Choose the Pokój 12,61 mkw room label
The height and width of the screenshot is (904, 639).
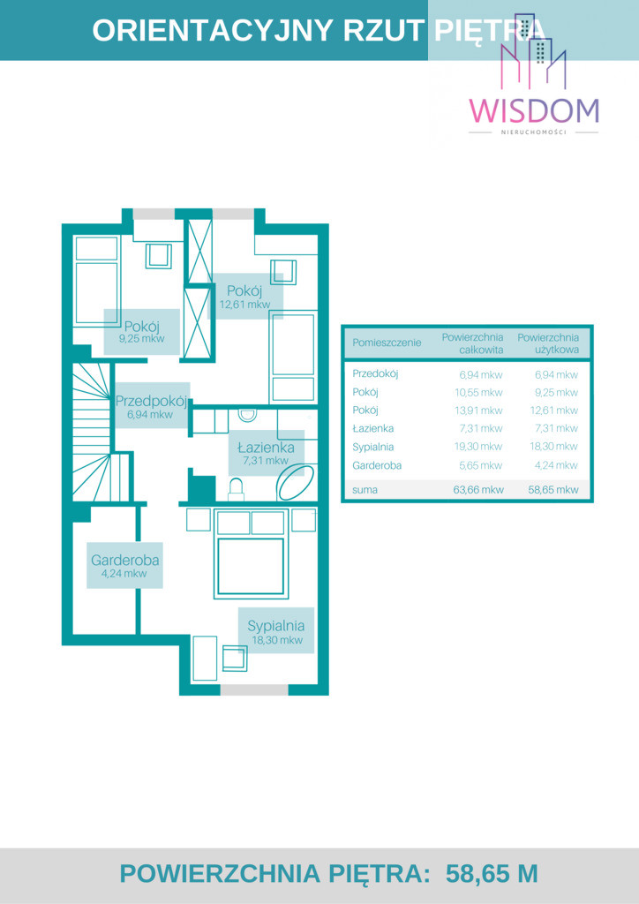pos(244,297)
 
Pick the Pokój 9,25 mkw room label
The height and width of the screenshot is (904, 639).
pos(142,332)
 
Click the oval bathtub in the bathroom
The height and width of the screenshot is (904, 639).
pos(297,483)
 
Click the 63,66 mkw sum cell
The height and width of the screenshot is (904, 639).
pos(481,489)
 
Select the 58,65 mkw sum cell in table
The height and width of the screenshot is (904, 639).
pos(553,489)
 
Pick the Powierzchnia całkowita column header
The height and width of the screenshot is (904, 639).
pos(472,343)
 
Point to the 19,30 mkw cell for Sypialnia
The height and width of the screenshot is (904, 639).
pos(481,447)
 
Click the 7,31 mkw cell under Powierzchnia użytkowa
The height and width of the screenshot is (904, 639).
pos(556,428)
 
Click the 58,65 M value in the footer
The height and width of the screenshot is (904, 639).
pos(492,874)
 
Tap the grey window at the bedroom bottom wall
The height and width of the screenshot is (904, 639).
pos(254,689)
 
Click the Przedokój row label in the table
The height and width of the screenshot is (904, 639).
pos(375,374)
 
